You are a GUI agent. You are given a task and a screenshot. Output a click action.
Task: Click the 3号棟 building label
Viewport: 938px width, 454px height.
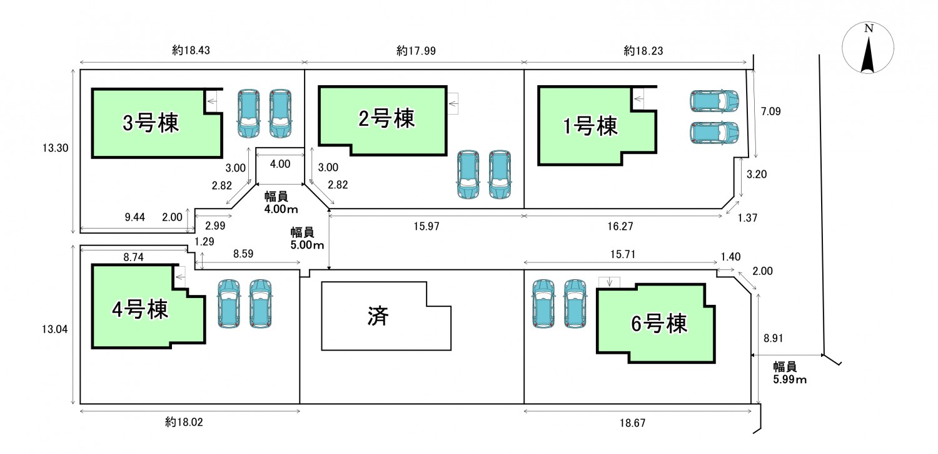[x=151, y=123]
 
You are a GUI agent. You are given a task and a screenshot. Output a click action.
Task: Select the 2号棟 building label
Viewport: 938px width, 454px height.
[x=385, y=118]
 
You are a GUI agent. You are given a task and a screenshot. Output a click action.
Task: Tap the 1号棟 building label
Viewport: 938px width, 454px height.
[x=590, y=126]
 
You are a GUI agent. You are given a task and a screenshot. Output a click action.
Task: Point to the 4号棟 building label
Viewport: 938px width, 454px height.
[x=140, y=309]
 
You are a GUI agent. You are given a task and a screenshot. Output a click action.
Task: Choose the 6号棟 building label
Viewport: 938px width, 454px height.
[x=658, y=323]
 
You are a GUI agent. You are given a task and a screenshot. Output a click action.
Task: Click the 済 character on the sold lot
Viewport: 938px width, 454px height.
[x=379, y=317]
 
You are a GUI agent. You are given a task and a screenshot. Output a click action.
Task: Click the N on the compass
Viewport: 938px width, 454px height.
[x=868, y=29]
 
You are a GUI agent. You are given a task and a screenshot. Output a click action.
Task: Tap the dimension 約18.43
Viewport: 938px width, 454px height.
[x=191, y=51]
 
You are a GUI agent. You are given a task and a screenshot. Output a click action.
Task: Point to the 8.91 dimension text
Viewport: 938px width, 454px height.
[x=774, y=338]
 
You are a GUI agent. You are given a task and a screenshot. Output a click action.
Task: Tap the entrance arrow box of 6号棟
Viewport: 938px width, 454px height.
[x=608, y=282]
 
